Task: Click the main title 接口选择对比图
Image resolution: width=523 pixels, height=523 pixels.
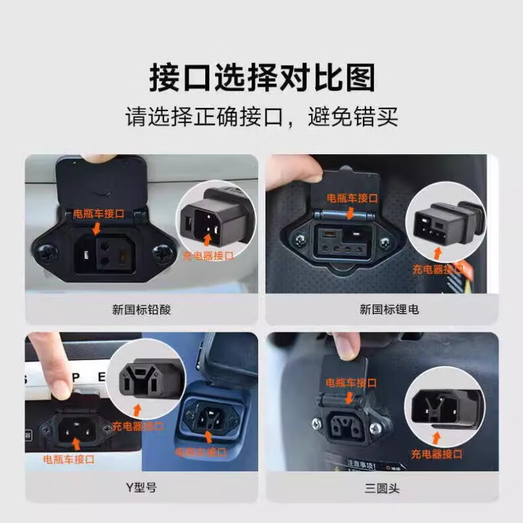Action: pos(262,77)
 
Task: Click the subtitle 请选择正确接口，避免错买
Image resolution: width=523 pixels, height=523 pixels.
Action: pos(262,117)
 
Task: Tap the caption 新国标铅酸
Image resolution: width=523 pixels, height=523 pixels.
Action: pos(142,310)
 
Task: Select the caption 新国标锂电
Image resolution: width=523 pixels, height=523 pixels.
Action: pos(389,310)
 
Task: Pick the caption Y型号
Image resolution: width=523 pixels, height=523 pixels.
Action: pos(142,488)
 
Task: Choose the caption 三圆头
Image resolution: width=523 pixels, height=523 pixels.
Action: pos(382,489)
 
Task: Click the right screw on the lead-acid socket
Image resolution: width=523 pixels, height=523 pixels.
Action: pos(162,254)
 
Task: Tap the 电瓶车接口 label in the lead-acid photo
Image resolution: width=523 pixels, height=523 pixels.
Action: pos(99,213)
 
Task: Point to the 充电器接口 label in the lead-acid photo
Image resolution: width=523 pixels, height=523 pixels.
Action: pos(208,256)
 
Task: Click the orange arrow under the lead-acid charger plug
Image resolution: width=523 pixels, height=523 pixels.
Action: pos(207,240)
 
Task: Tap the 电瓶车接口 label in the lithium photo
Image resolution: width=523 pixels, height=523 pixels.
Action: pos(352,198)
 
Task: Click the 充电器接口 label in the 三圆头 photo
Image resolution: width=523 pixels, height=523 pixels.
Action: pos(437,454)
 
